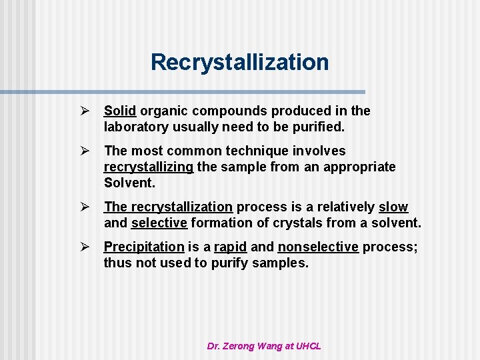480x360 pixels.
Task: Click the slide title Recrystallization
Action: (x=239, y=62)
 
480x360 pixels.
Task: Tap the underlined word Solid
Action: (x=120, y=111)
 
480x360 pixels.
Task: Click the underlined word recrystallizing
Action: (x=149, y=167)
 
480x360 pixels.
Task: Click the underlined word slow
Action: (x=393, y=207)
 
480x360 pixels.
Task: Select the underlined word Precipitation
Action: (x=144, y=247)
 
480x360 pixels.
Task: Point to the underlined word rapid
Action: (x=231, y=247)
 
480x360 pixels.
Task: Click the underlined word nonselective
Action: (x=318, y=247)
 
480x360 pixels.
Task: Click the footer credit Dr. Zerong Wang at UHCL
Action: (x=264, y=346)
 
